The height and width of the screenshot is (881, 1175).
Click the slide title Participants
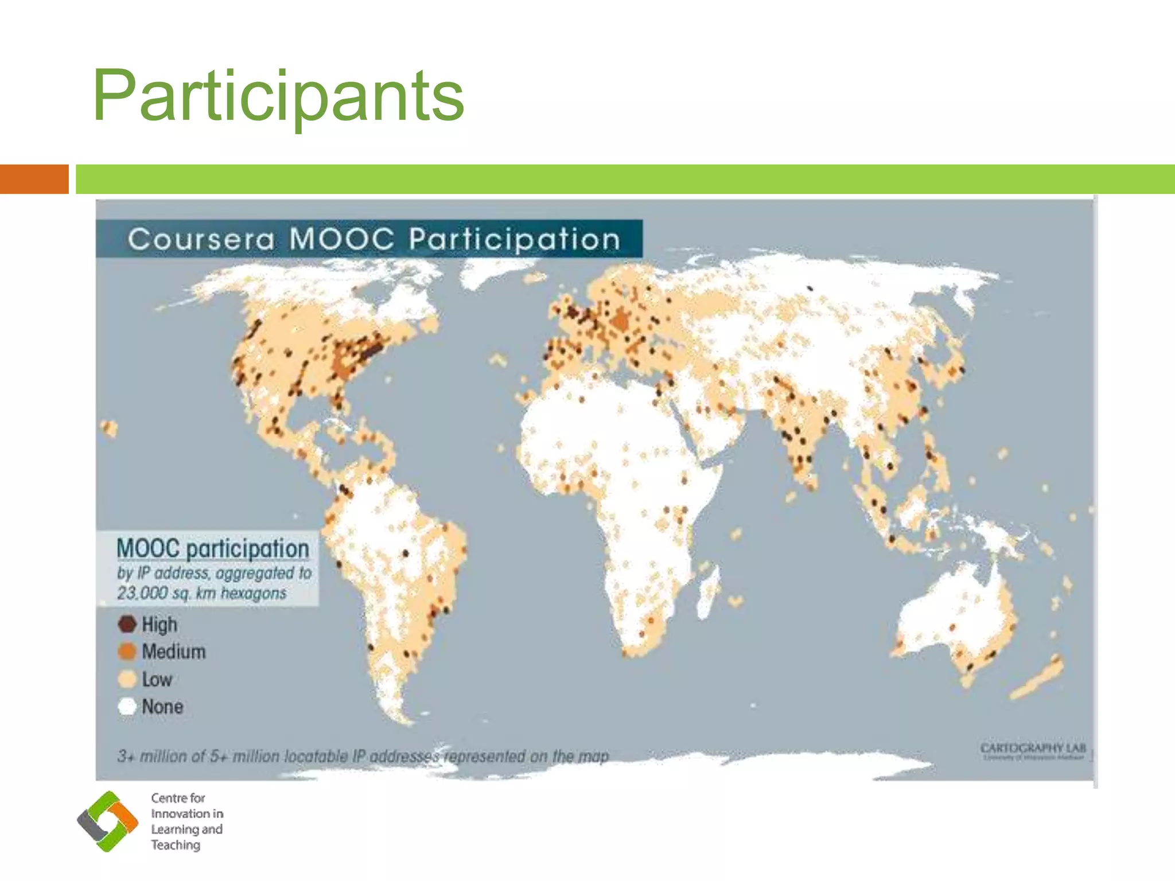pos(278,96)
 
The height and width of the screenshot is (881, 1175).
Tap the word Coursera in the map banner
pos(201,239)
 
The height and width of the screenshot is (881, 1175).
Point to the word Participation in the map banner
pos(515,240)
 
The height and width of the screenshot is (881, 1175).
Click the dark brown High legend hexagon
pos(127,623)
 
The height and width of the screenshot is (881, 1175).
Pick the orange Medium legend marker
pos(127,652)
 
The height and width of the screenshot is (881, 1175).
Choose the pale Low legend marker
pos(127,679)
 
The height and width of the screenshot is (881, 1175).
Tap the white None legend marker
pos(127,706)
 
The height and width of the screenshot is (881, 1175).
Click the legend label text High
pos(159,624)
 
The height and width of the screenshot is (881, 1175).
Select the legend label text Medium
pos(174,652)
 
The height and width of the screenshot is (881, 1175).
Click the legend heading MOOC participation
pos(213,548)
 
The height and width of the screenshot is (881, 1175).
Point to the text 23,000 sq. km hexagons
pos(201,593)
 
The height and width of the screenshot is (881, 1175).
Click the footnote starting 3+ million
pos(363,756)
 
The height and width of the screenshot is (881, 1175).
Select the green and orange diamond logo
pos(108,821)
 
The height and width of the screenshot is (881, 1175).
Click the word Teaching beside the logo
pos(176,845)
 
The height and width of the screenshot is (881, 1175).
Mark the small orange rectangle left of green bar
pos(34,179)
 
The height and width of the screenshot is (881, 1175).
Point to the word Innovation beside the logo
pos(187,813)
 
